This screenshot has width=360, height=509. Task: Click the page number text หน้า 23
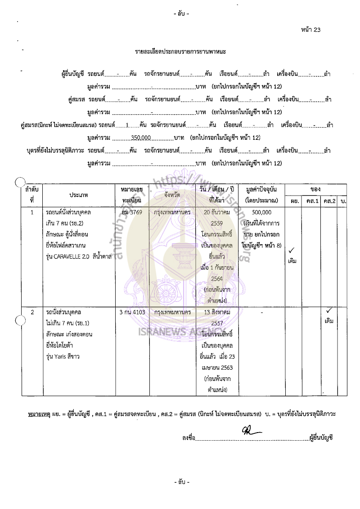(311, 30)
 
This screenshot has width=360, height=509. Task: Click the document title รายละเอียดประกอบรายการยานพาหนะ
(180, 52)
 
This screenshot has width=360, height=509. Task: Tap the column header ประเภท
(79, 195)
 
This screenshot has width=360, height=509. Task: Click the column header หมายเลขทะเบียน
(132, 195)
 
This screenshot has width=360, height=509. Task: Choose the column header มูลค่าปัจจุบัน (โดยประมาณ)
(261, 195)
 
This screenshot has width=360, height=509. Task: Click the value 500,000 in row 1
(261, 212)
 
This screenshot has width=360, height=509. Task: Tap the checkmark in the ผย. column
(292, 250)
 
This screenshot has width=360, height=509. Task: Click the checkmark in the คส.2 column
(329, 311)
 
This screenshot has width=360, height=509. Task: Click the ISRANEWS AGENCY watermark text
(173, 334)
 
